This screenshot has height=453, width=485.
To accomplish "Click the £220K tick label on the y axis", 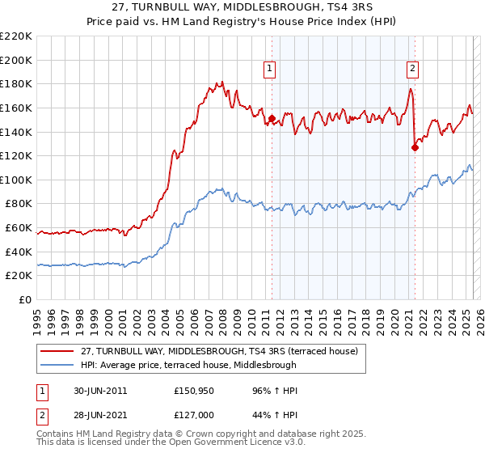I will (16, 36).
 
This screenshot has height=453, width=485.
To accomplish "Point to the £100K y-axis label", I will (16, 180).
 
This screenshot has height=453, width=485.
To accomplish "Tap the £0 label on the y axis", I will (24, 299).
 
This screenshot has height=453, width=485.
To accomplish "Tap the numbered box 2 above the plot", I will (412, 69).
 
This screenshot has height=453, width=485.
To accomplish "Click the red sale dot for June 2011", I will (272, 119).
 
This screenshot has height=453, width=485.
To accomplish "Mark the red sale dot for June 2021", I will (415, 147).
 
